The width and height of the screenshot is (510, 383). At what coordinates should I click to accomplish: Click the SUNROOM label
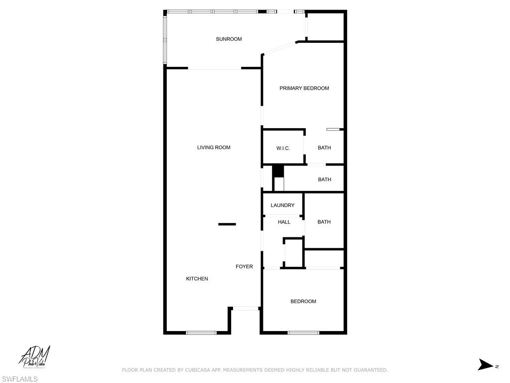[x=229, y=39]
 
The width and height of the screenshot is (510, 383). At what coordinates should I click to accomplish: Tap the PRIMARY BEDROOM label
[x=304, y=88]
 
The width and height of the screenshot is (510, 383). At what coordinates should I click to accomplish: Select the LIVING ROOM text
[x=214, y=148]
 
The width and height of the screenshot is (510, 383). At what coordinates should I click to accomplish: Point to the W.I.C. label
[x=283, y=148]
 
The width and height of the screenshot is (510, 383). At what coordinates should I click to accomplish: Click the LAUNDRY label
[x=282, y=205]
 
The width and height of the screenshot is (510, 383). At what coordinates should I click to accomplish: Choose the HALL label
[x=284, y=222]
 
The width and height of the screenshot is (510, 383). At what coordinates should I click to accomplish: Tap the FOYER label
[x=244, y=267]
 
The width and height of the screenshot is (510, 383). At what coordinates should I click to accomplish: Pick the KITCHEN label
[x=197, y=279]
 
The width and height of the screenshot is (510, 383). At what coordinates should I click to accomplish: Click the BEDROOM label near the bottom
[x=303, y=301]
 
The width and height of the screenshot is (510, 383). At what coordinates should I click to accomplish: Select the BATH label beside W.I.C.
[x=324, y=148]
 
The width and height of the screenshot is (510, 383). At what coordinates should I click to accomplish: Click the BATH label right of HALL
[x=324, y=222]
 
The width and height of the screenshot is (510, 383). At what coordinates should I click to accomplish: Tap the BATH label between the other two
[x=324, y=180]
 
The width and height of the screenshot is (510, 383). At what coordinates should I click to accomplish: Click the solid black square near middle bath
[x=277, y=171]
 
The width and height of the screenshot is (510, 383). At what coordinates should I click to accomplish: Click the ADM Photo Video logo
[x=35, y=358]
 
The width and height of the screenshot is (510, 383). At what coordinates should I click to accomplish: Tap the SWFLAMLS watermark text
[x=19, y=380]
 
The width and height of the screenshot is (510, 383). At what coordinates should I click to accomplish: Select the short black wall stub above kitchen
[x=227, y=224]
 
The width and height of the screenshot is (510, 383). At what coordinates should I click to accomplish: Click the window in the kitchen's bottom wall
[x=201, y=333]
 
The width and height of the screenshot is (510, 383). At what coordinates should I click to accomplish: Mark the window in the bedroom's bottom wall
[x=303, y=333]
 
